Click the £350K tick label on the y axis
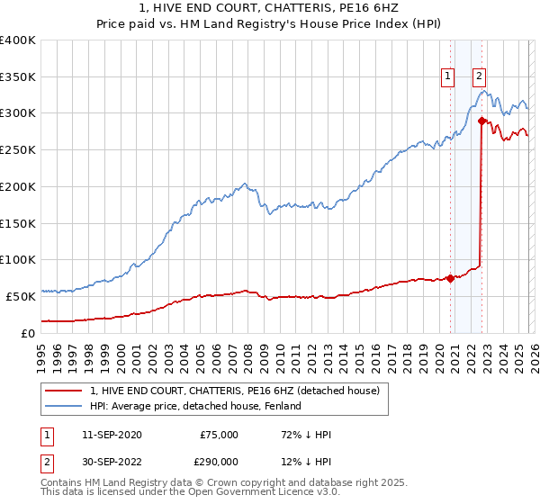(18, 77)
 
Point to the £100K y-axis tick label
(18, 259)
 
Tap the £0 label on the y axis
(27, 332)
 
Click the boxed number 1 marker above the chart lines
(447, 77)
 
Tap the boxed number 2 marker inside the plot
(479, 77)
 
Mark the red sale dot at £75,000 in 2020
(450, 278)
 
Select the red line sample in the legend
(64, 391)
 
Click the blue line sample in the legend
(64, 406)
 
